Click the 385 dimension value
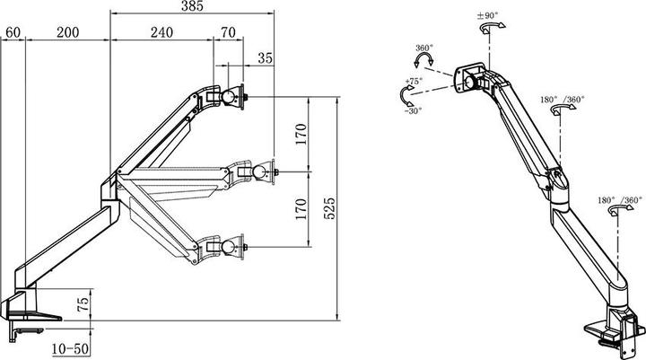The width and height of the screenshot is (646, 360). tap(191, 7)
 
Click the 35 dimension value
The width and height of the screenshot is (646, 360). tap(265, 58)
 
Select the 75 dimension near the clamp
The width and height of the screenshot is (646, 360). tap(82, 303)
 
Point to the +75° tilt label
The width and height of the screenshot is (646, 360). tap(413, 82)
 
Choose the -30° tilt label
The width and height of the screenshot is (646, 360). tap(413, 111)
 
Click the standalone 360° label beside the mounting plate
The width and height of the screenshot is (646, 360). tap(424, 49)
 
